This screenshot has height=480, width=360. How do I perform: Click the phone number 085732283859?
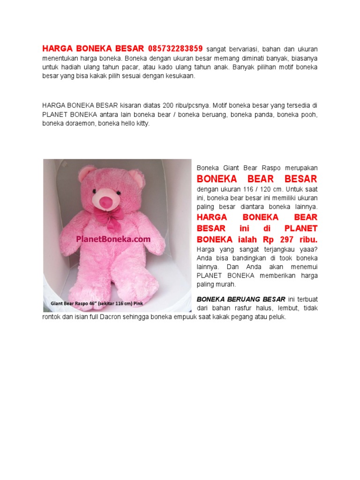175,48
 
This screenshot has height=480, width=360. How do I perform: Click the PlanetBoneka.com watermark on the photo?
113,239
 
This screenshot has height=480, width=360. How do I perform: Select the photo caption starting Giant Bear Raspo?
97,304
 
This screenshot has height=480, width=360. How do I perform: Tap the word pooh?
309,114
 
